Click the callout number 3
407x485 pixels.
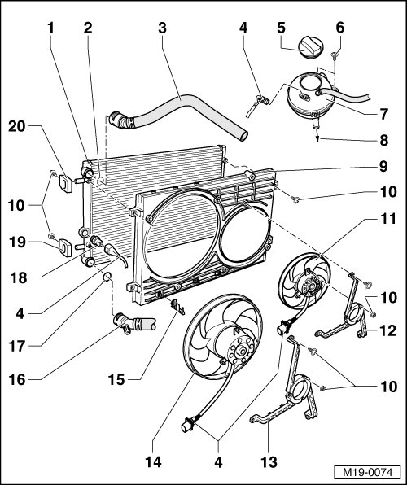coord(163,28)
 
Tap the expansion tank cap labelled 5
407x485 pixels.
coord(310,47)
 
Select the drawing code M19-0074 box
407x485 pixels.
coord(367,473)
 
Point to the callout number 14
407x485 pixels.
coord(154,462)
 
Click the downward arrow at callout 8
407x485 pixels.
coord(317,135)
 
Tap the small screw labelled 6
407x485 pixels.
coord(335,55)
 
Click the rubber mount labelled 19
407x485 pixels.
coord(65,248)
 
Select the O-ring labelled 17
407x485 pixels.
coord(107,277)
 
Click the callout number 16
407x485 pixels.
coord(17,380)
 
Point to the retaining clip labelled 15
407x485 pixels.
coord(177,307)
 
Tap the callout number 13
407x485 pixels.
coord(269,462)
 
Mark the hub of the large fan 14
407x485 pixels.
coord(242,352)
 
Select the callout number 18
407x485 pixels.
coord(18,277)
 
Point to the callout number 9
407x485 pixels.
coord(383,166)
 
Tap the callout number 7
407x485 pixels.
coord(383,114)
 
